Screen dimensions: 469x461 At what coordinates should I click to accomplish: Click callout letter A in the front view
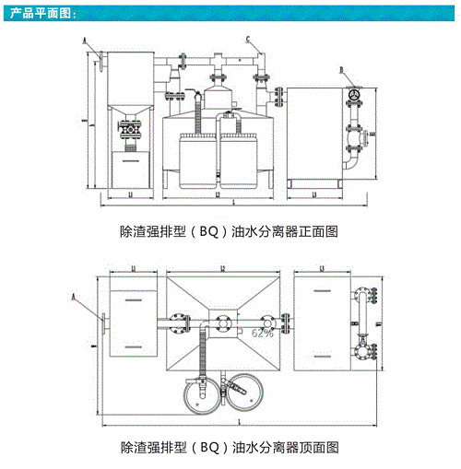pyautogui.click(x=84, y=41)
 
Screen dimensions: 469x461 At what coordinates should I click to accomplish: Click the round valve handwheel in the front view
pyautogui.click(x=354, y=96)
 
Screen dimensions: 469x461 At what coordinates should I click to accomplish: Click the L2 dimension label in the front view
pyautogui.click(x=217, y=194)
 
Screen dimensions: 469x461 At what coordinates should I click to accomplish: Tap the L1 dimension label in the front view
pyautogui.click(x=128, y=194)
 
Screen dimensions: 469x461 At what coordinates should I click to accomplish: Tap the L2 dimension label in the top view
pyautogui.click(x=223, y=267)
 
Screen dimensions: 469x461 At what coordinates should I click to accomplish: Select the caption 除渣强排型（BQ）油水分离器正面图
pyautogui.click(x=230, y=232)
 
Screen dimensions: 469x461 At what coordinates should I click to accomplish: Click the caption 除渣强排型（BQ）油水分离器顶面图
pyautogui.click(x=230, y=448)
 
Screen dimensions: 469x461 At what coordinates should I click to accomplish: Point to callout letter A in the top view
pyautogui.click(x=73, y=297)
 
